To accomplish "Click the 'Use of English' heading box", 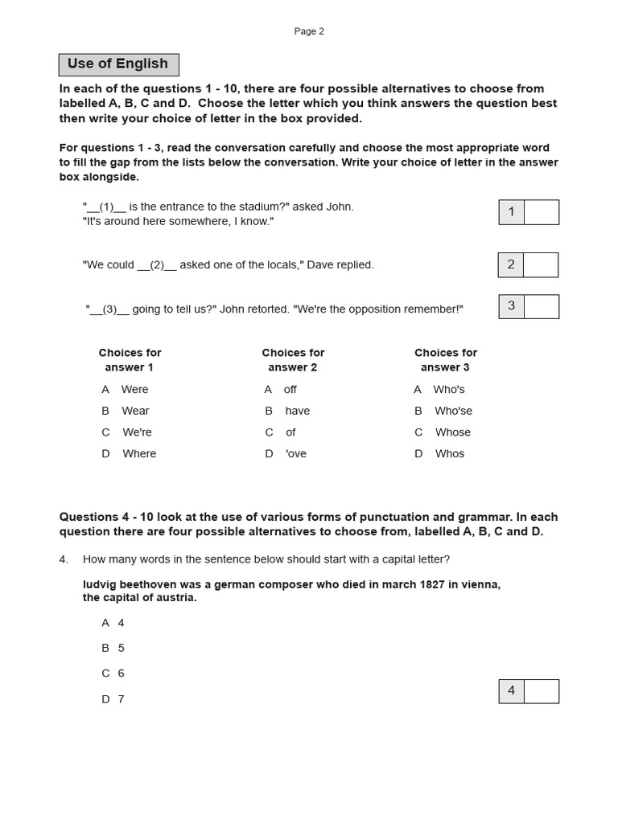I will (118, 64).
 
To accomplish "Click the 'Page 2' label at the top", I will (309, 31).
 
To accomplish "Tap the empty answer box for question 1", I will (541, 212).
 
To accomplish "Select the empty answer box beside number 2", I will (541, 264).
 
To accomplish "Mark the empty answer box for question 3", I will (541, 306).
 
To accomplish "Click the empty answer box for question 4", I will (541, 691).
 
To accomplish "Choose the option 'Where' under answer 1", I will (139, 453).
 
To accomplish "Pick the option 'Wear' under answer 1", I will (135, 411).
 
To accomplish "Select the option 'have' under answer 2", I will (297, 411).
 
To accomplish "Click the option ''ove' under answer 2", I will (295, 453).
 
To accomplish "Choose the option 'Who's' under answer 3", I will (449, 389).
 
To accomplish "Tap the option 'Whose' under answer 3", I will (452, 432).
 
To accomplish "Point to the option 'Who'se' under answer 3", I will (453, 411).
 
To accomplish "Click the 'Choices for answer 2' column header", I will (293, 360).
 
